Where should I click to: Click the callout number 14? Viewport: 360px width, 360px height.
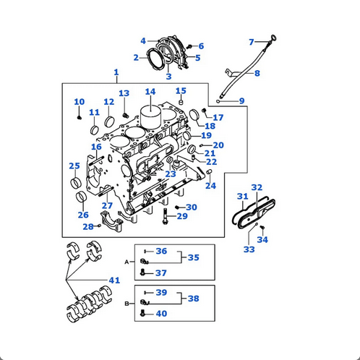click(x=150, y=92)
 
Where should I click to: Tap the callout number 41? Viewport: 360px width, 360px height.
click(x=114, y=280)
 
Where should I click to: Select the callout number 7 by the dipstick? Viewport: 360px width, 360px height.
click(x=252, y=42)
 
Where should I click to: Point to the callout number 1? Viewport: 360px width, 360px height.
click(x=116, y=72)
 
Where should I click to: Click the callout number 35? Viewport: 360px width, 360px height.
click(x=193, y=257)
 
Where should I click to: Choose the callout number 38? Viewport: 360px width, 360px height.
click(x=193, y=298)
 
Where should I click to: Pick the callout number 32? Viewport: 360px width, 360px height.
click(x=257, y=188)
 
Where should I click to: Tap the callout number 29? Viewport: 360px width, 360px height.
click(x=181, y=216)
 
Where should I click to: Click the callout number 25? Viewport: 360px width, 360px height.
click(x=74, y=166)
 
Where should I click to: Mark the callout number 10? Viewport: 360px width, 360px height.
click(x=79, y=102)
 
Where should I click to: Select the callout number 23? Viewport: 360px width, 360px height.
click(x=171, y=173)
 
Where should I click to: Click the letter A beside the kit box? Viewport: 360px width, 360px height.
click(x=127, y=261)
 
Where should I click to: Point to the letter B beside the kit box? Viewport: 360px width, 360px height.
click(x=127, y=304)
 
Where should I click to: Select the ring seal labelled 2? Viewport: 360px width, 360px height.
click(x=156, y=56)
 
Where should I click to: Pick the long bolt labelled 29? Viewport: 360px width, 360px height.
click(x=166, y=215)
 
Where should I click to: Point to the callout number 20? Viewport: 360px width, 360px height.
click(x=218, y=145)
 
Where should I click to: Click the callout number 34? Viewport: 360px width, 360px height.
click(x=262, y=239)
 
